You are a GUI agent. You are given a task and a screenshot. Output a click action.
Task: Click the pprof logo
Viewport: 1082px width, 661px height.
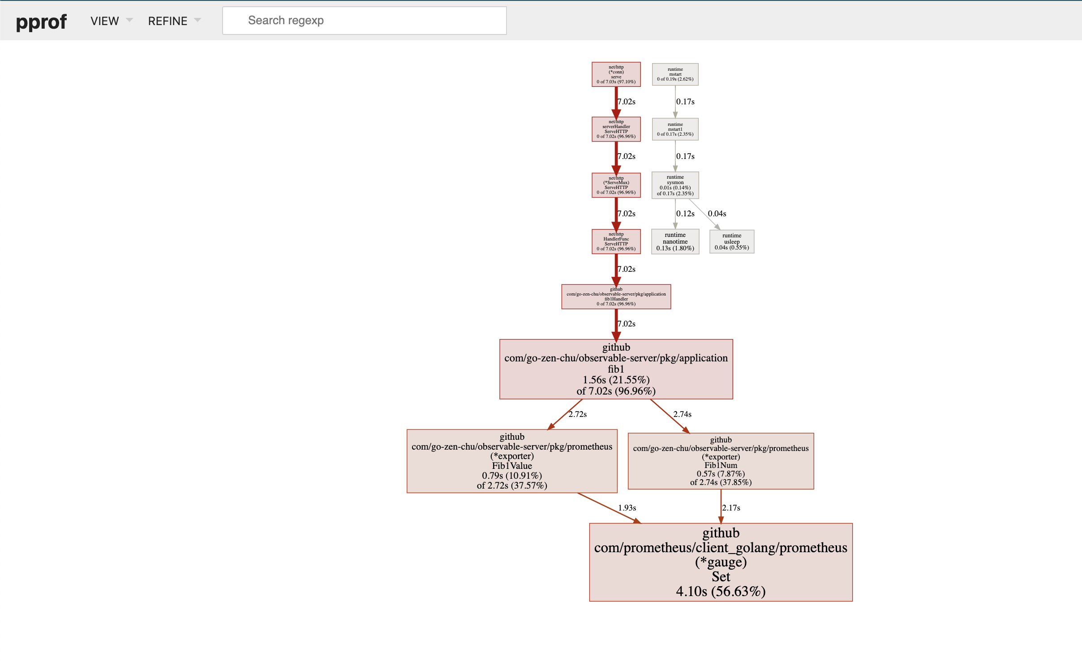(x=41, y=21)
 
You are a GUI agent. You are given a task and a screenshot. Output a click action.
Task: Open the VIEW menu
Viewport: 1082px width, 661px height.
(x=111, y=21)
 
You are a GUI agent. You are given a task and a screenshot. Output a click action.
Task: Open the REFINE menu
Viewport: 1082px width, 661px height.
(x=174, y=21)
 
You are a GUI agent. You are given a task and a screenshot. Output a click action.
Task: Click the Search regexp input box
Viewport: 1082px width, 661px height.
(x=364, y=21)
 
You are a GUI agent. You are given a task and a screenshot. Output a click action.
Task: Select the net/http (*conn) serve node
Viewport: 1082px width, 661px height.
(x=616, y=74)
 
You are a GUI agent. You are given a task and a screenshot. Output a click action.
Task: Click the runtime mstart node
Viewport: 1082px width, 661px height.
(x=675, y=74)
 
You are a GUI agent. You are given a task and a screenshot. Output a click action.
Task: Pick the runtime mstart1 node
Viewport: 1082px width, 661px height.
(x=675, y=129)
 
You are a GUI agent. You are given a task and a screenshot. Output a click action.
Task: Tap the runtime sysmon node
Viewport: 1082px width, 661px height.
(x=675, y=185)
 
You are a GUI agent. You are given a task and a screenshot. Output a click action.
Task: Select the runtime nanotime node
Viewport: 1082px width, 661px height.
(x=675, y=241)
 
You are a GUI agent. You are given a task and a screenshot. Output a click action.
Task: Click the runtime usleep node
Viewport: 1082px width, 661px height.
(x=731, y=241)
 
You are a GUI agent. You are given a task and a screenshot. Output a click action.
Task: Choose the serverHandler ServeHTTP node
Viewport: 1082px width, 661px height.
(x=616, y=129)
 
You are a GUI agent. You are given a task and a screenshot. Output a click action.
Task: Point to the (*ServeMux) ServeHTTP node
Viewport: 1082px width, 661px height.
(x=616, y=185)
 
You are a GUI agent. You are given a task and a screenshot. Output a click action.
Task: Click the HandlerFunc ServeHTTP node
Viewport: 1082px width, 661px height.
(x=616, y=241)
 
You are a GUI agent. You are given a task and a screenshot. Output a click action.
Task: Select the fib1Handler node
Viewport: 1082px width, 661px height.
(x=616, y=296)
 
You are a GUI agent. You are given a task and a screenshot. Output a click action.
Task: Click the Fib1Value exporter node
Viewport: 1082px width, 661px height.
(x=512, y=461)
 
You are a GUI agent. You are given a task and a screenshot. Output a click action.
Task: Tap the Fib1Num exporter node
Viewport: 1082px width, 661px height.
(x=721, y=461)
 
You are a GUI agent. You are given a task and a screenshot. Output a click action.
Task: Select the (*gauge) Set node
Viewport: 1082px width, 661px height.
(x=721, y=562)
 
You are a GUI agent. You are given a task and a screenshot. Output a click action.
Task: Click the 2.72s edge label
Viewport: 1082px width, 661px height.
(x=577, y=414)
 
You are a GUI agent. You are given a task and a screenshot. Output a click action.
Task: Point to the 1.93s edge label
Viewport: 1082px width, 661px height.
(x=627, y=508)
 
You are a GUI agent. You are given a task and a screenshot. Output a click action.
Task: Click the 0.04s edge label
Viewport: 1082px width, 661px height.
(x=717, y=214)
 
